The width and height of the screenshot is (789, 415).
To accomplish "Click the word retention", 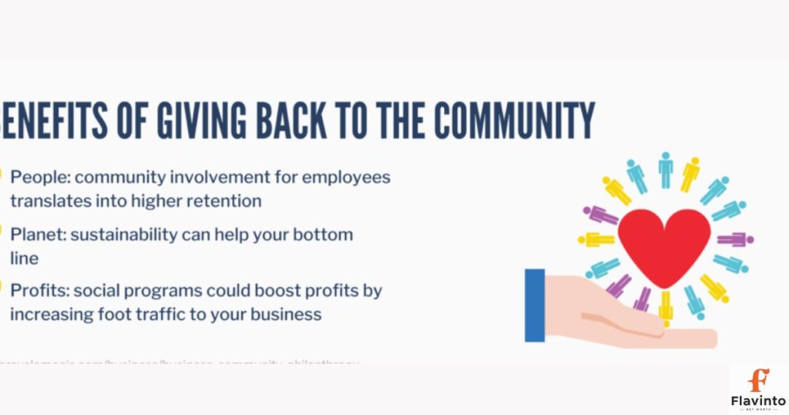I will pyautogui.click(x=223, y=201).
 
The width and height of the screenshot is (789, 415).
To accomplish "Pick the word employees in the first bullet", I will pyautogui.click(x=346, y=177).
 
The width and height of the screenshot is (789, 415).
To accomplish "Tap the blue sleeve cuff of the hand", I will pyautogui.click(x=534, y=305).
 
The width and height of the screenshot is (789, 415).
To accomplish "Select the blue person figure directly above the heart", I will pyautogui.click(x=665, y=170).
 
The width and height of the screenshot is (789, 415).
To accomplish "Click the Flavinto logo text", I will pyautogui.click(x=758, y=400).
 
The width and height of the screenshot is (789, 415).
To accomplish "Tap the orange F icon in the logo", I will pyautogui.click(x=759, y=380).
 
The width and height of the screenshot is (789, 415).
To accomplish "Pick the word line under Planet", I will pyautogui.click(x=24, y=258).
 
